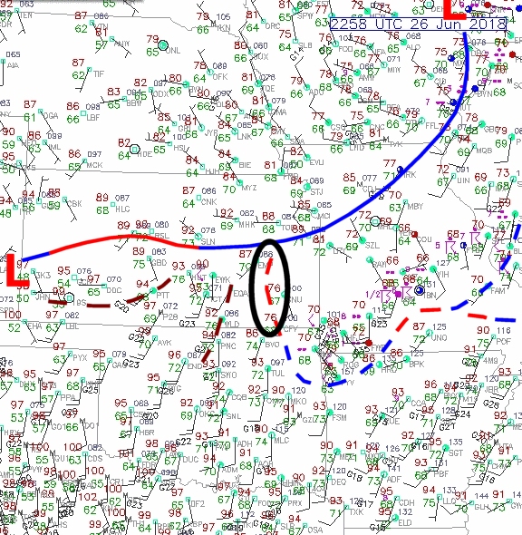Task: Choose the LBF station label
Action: point(92,117)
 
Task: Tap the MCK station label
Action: point(94,165)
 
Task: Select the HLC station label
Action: point(123,209)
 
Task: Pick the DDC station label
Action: point(113,290)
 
